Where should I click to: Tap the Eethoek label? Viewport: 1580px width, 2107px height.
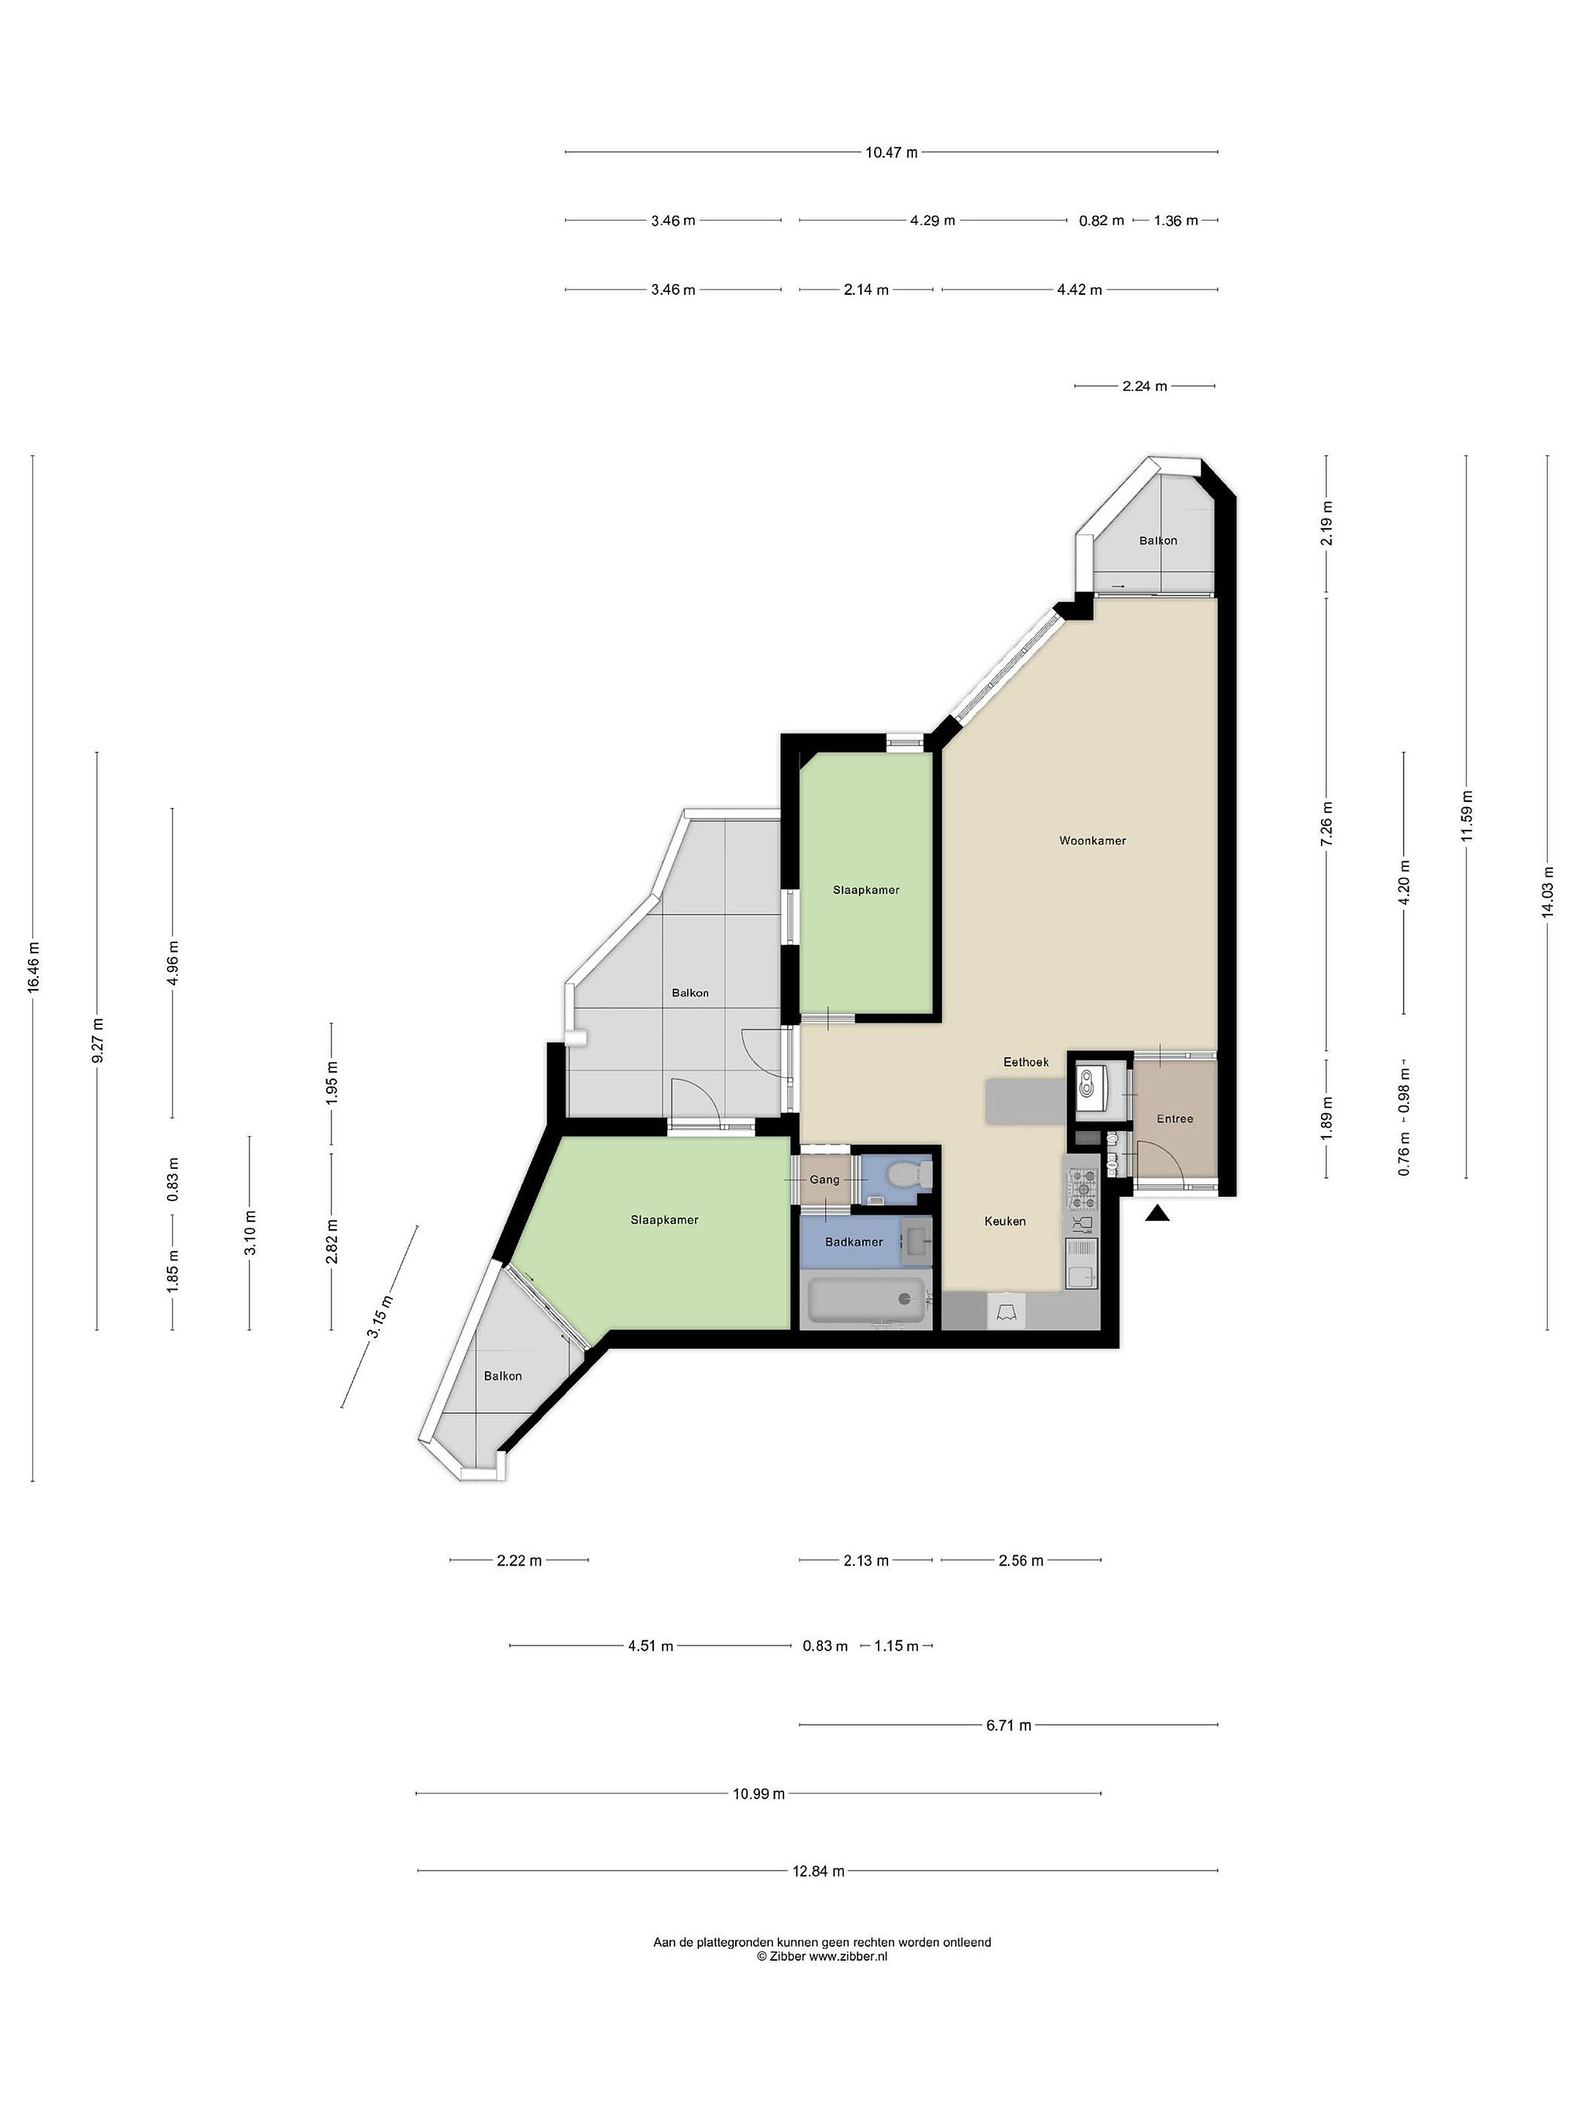1026,1062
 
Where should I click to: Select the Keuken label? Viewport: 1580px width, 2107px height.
1005,1221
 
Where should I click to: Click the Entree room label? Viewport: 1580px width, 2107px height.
1174,1119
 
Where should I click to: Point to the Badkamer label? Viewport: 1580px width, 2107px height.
854,1242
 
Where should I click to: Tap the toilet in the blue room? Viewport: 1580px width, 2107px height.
905,1176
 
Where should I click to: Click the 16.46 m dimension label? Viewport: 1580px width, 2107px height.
34,967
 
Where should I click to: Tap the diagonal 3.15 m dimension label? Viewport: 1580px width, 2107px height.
381,1318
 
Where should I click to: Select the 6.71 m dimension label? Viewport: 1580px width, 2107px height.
1009,1725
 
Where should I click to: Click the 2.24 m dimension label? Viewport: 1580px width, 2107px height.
1144,387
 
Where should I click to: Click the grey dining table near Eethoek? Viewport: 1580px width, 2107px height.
1026,1101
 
